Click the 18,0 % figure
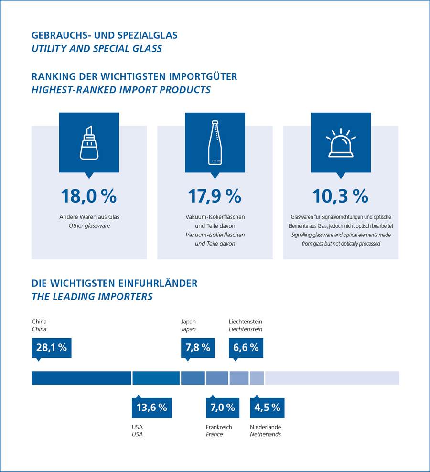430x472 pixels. pyautogui.click(x=89, y=196)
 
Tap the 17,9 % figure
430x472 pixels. pyautogui.click(x=215, y=196)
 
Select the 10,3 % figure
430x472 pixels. pyautogui.click(x=340, y=196)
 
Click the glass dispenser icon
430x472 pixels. pyautogui.click(x=89, y=143)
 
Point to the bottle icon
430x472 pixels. pyautogui.click(x=215, y=143)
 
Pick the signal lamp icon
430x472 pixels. pyautogui.click(x=341, y=143)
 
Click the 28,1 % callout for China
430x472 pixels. pyautogui.click(x=52, y=348)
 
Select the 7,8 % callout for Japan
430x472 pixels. pyautogui.click(x=198, y=348)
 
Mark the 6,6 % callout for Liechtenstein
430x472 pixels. pyautogui.click(x=246, y=348)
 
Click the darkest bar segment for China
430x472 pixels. pyautogui.click(x=82, y=378)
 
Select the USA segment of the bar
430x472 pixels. pyautogui.click(x=156, y=378)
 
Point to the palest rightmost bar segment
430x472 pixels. pyautogui.click(x=332, y=378)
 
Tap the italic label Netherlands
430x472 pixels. pyautogui.click(x=265, y=434)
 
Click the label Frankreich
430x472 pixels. pyautogui.click(x=219, y=427)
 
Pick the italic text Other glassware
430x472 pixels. pyautogui.click(x=89, y=226)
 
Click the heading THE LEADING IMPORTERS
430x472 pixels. pyautogui.click(x=92, y=297)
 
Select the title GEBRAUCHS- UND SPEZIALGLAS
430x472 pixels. pyautogui.click(x=105, y=35)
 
